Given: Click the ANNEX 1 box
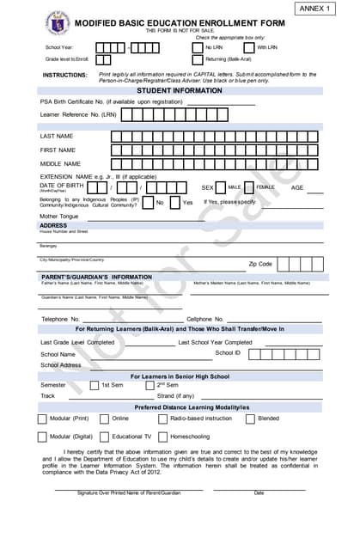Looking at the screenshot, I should click(x=319, y=9).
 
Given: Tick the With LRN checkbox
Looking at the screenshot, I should click(x=249, y=47).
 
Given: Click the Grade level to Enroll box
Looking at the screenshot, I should click(x=103, y=60).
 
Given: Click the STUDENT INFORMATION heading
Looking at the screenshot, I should click(x=180, y=90).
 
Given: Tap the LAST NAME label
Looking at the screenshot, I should click(x=57, y=136).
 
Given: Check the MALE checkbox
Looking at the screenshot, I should click(x=221, y=187).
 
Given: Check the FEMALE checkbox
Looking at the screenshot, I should click(x=249, y=187).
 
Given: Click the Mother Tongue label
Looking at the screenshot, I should click(x=58, y=217).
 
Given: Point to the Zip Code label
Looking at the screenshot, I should click(x=260, y=264).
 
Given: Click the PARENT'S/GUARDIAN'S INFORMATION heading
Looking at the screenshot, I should click(x=97, y=277).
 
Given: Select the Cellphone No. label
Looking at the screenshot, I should click(x=205, y=319).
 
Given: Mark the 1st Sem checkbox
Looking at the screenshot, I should click(x=95, y=386).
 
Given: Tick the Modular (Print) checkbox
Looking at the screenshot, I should click(x=42, y=419).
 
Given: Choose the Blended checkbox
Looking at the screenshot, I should click(x=250, y=419).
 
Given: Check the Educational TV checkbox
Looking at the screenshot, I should click(x=105, y=437).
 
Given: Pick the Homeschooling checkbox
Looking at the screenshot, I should click(x=163, y=437).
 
